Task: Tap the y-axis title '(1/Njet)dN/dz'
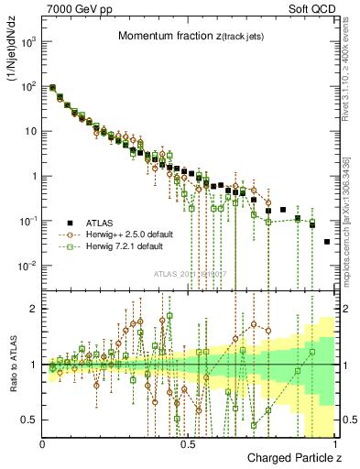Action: (12, 55)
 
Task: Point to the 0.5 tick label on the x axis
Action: (188, 442)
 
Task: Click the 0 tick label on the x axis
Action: (43, 442)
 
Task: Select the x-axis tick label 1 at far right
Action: (334, 442)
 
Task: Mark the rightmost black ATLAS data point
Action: (327, 242)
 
